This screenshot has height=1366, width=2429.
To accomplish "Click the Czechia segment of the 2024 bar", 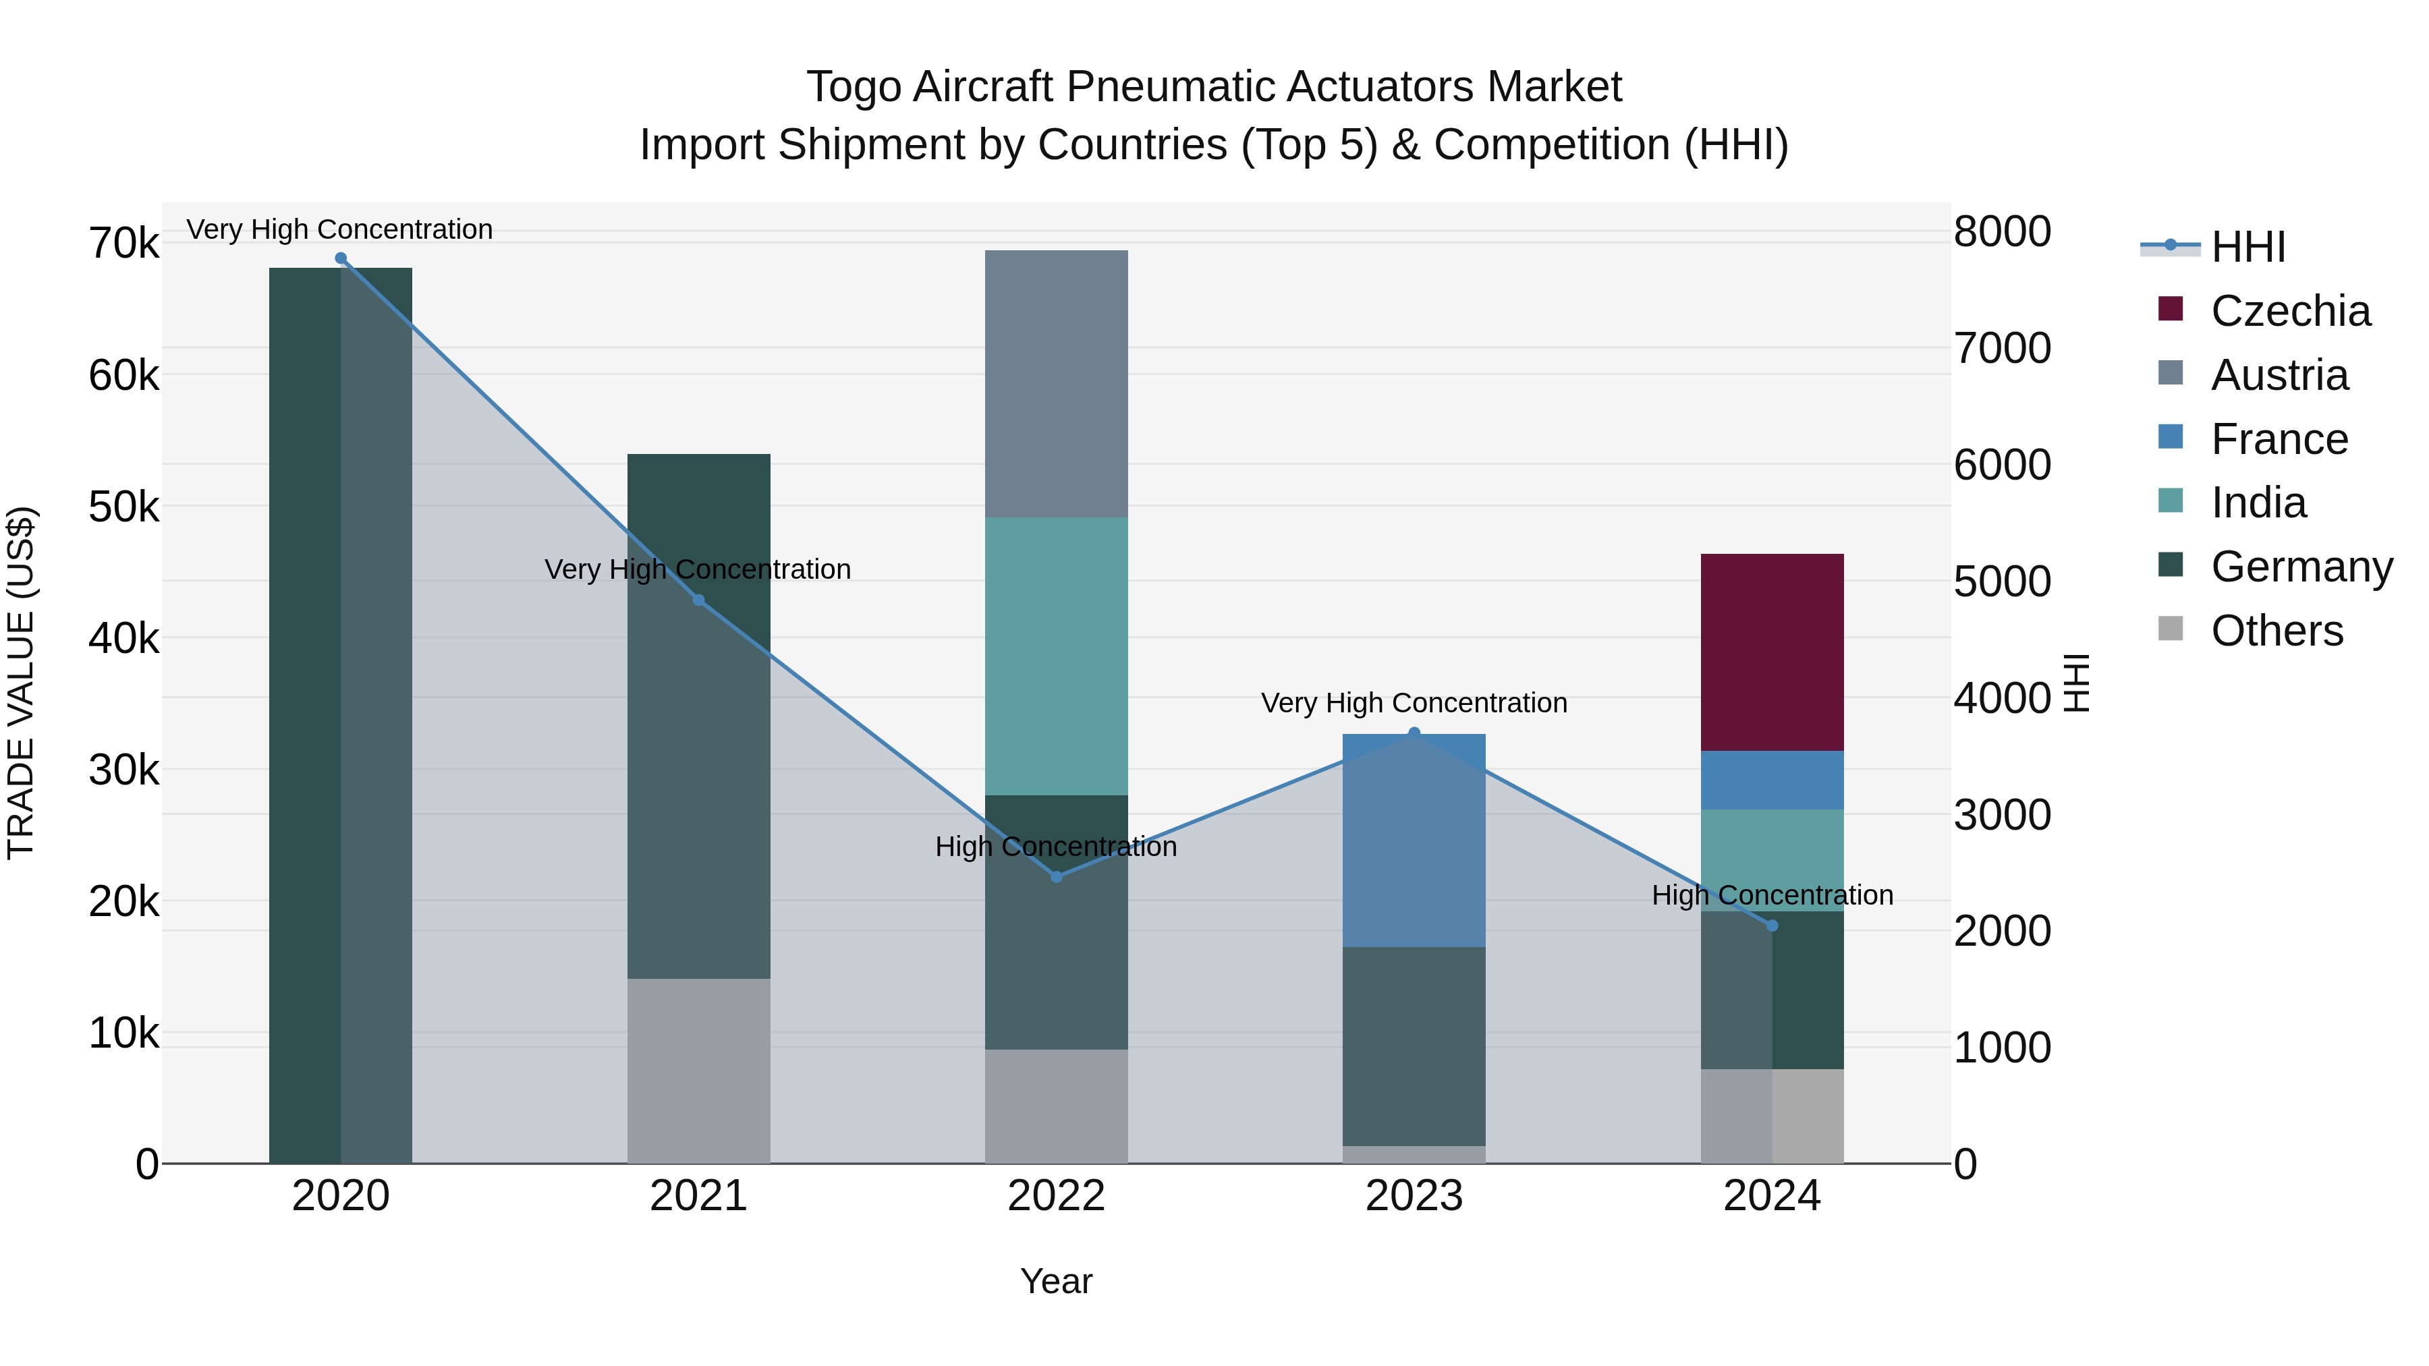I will [1771, 652].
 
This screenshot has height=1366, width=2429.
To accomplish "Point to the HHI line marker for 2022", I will [1056, 877].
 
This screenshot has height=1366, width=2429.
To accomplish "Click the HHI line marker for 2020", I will [341, 258].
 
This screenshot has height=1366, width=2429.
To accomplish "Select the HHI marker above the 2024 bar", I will [1771, 926].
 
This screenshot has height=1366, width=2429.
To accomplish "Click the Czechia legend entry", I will [2289, 311].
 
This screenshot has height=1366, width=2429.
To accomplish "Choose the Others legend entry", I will [2277, 631].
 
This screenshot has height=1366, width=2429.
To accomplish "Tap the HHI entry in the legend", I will [2248, 247].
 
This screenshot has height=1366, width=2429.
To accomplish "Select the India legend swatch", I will [2170, 501].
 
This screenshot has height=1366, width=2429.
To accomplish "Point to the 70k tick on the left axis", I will [123, 244].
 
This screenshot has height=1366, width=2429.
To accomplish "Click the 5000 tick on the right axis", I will [2001, 581].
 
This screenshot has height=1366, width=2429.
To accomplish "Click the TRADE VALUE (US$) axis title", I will [22, 683].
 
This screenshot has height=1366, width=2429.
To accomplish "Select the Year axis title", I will [1055, 1281].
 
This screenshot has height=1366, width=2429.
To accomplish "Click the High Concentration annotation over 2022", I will [1055, 847].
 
